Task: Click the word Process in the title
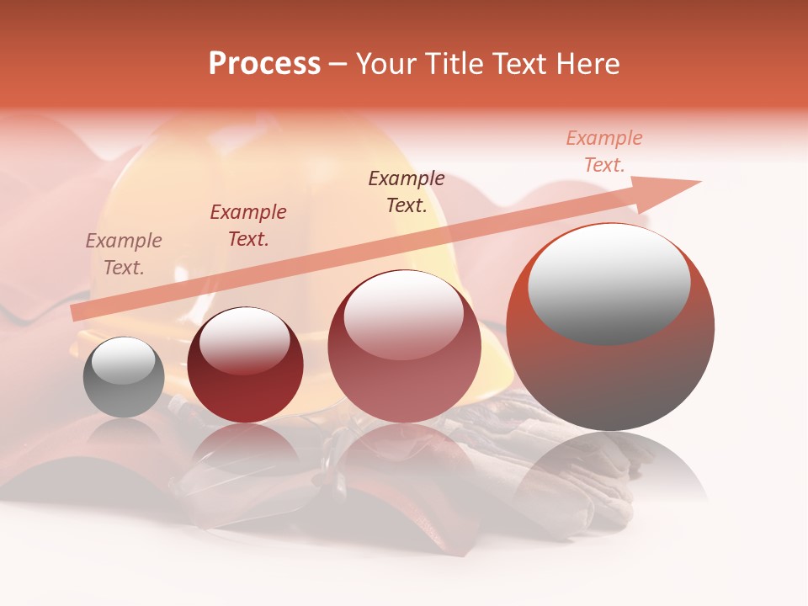pyautogui.click(x=264, y=64)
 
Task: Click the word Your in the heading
pyautogui.click(x=386, y=64)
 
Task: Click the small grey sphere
pyautogui.click(x=124, y=378)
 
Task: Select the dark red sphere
pyautogui.click(x=245, y=365)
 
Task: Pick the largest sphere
pyautogui.click(x=610, y=327)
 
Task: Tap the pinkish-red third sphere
pyautogui.click(x=404, y=347)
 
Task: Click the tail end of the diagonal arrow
pyautogui.click(x=74, y=314)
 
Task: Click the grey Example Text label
pyautogui.click(x=123, y=254)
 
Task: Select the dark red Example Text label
pyautogui.click(x=247, y=226)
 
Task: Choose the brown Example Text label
pyautogui.click(x=407, y=192)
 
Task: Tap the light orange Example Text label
pyautogui.click(x=603, y=151)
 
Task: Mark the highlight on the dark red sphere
pyautogui.click(x=244, y=338)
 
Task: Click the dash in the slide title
pyautogui.click(x=338, y=64)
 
